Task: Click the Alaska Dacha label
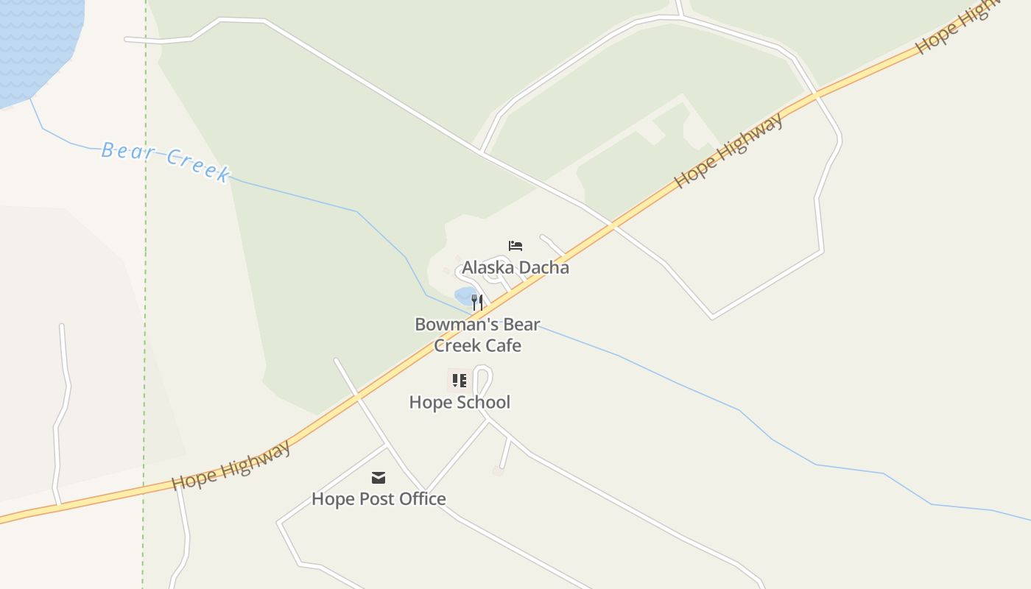click(x=515, y=267)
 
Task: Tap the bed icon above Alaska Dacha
click(x=515, y=246)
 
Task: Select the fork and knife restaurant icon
click(x=477, y=302)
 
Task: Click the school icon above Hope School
click(x=460, y=381)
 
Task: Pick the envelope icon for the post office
click(x=379, y=479)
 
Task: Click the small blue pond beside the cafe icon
click(x=465, y=297)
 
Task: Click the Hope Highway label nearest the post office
click(x=231, y=465)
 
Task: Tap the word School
click(x=484, y=402)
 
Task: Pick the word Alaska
click(x=488, y=267)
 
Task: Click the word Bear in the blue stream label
click(x=128, y=152)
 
